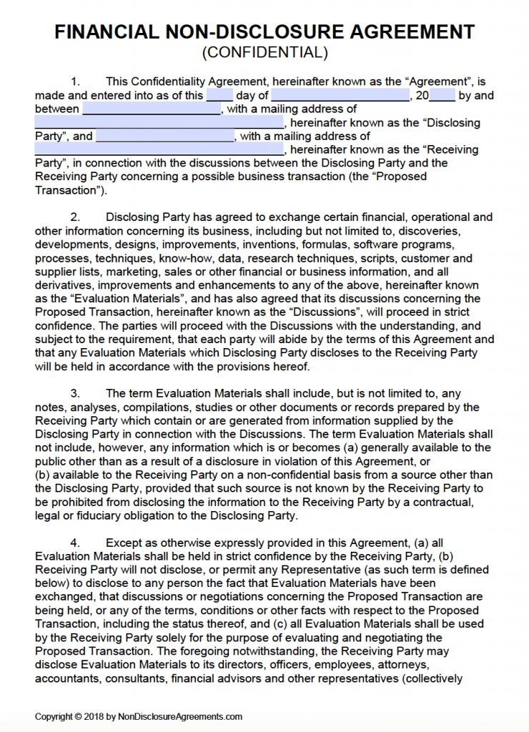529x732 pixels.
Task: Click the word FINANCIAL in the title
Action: click(x=104, y=32)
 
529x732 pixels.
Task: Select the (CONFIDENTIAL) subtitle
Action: click(x=264, y=52)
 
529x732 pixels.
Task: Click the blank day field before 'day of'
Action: click(x=219, y=95)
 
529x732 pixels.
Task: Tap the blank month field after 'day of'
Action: click(x=340, y=95)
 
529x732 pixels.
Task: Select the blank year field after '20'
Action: click(x=443, y=95)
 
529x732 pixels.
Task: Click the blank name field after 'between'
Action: click(x=152, y=109)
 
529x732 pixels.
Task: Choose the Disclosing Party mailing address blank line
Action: click(x=159, y=122)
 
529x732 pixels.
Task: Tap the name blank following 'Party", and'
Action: click(x=165, y=136)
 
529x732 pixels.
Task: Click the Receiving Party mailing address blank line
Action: click(x=159, y=149)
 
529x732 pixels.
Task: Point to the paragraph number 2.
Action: click(x=75, y=217)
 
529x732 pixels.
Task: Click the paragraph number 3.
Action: click(x=75, y=394)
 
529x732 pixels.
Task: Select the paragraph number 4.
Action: click(x=75, y=543)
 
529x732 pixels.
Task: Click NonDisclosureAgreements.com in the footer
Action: click(x=185, y=717)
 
